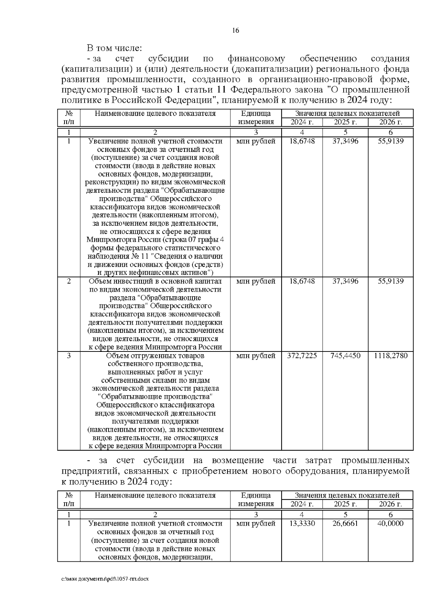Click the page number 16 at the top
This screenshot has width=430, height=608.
click(235, 30)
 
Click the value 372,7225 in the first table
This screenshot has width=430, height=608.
click(302, 356)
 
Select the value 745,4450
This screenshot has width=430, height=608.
click(345, 356)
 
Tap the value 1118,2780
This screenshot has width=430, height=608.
click(391, 356)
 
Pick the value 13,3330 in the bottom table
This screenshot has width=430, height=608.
click(302, 523)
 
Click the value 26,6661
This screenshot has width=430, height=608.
click(345, 523)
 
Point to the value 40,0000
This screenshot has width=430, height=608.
click(391, 523)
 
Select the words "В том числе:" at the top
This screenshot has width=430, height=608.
click(114, 48)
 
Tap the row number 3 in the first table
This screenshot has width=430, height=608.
click(69, 356)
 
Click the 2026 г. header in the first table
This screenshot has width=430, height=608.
click(391, 122)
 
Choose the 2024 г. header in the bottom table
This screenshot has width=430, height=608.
click(302, 504)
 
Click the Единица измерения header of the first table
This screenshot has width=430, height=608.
click(256, 118)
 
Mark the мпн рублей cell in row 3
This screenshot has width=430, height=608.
click(256, 356)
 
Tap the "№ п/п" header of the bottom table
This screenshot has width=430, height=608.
click(69, 500)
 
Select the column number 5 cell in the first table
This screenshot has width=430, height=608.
click(345, 132)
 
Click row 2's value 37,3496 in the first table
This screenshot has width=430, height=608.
click(345, 281)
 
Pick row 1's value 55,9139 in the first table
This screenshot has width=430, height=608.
click(391, 141)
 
